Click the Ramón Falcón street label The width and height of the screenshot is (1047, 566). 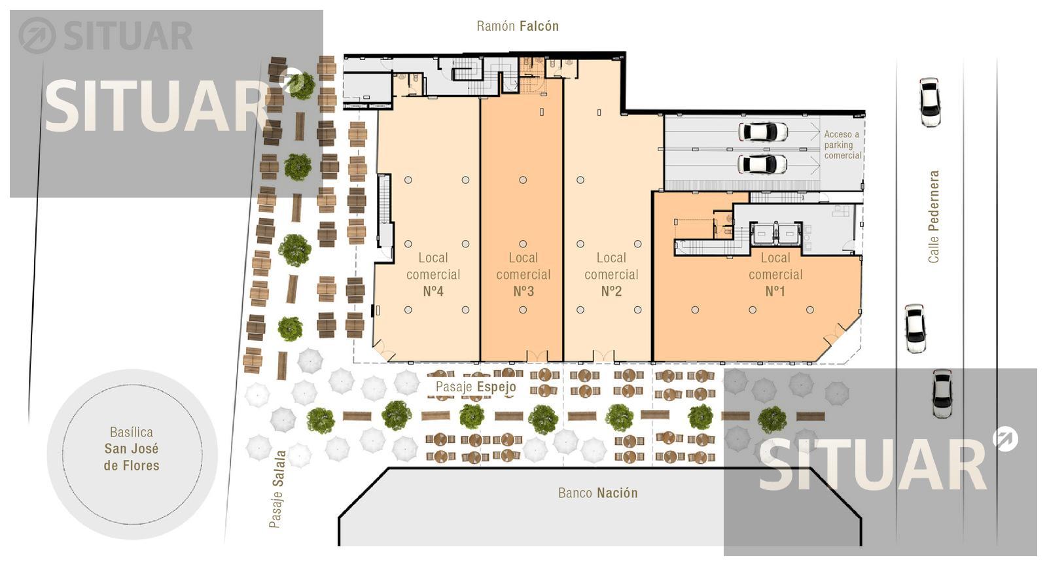[518, 26]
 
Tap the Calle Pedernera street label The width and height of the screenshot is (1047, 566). [933, 217]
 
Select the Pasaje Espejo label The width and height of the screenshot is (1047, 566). [476, 387]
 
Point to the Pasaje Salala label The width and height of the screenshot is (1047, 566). [277, 489]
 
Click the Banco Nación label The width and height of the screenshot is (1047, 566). [598, 493]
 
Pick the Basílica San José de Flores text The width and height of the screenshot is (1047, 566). [132, 449]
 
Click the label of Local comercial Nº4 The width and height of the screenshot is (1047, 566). [433, 274]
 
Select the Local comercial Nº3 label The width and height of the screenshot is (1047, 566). [523, 274]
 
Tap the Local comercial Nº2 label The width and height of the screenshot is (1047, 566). [611, 274]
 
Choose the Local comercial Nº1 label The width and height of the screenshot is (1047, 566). [775, 274]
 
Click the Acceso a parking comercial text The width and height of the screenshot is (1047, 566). [842, 145]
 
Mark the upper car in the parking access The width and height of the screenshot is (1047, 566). [763, 132]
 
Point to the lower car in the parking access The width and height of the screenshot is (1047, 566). [762, 164]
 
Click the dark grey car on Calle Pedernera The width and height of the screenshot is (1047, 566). [942, 393]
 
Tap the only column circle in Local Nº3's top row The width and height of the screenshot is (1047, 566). [523, 180]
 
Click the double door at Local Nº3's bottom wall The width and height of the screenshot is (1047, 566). [537, 356]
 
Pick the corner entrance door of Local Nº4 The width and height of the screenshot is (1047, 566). [383, 350]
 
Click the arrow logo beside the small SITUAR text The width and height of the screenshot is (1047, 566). [37, 35]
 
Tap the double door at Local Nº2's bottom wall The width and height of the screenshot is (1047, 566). [604, 356]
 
